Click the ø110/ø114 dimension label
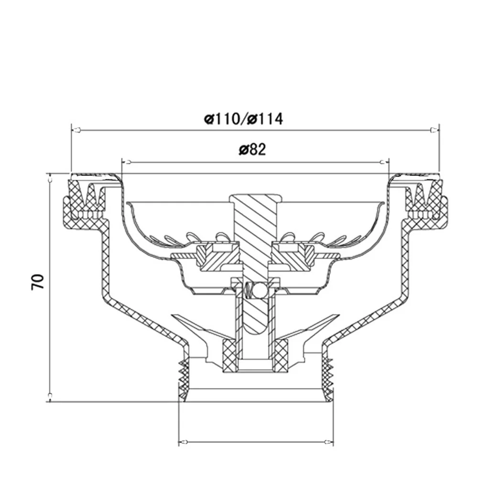244,119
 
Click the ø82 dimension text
252,150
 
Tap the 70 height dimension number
38,282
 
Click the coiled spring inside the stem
248,290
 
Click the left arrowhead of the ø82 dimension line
125,162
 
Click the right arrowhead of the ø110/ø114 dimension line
433,130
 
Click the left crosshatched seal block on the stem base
230,355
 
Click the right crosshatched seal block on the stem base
281,355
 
